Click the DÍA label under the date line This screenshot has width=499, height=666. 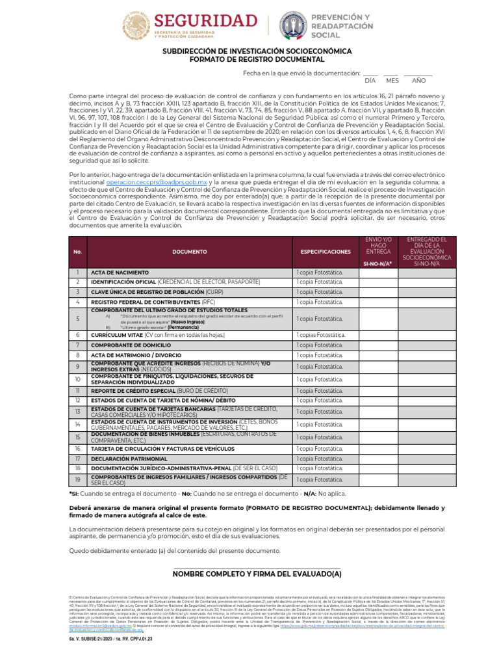pyautogui.click(x=370, y=81)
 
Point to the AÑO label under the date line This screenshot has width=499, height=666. pyautogui.click(x=419, y=81)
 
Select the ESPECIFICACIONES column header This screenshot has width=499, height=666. pyautogui.click(x=325, y=251)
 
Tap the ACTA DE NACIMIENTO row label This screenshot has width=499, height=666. pyautogui.click(x=120, y=273)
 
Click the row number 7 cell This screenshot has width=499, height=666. pyautogui.click(x=77, y=345)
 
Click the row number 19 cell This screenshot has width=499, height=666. pyautogui.click(x=77, y=479)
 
